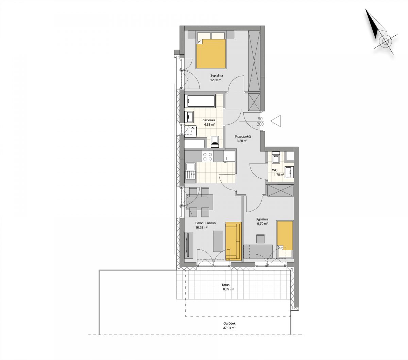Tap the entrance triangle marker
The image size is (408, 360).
(x=275, y=121)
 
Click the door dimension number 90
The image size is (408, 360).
(x=260, y=119)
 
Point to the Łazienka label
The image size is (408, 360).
(x=209, y=120)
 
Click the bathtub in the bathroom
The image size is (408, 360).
(x=201, y=101)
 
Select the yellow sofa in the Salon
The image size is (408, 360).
(x=233, y=241)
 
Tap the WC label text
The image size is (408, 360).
(x=275, y=170)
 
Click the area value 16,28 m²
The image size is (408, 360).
(x=201, y=228)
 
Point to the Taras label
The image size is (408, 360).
(x=225, y=285)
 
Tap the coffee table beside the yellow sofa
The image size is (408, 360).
(x=218, y=241)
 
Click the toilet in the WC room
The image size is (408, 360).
(x=275, y=157)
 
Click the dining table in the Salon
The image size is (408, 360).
(x=200, y=202)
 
